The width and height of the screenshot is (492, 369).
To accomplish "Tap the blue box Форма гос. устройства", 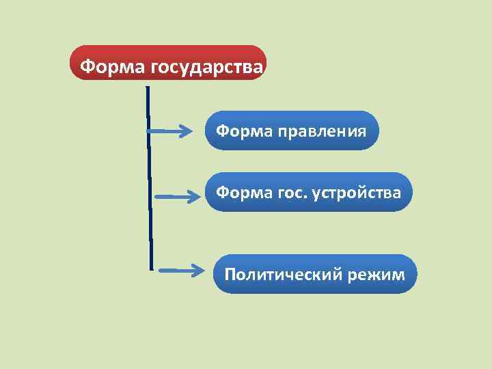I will tap(309, 192).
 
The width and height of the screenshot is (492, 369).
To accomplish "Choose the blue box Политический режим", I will tap(315, 274).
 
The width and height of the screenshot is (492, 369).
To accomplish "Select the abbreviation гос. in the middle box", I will tap(292, 192).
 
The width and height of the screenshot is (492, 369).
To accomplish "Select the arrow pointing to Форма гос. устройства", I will tap(176, 196).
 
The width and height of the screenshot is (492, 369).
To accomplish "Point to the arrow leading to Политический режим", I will tap(180, 270).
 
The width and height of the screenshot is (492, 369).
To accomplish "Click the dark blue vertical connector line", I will tap(149, 178).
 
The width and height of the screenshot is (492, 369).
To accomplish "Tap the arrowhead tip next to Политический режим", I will tap(203, 270).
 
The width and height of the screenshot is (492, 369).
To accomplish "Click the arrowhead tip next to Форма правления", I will tap(194, 131).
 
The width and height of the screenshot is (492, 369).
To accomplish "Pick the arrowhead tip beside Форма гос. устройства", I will tap(197, 196).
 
